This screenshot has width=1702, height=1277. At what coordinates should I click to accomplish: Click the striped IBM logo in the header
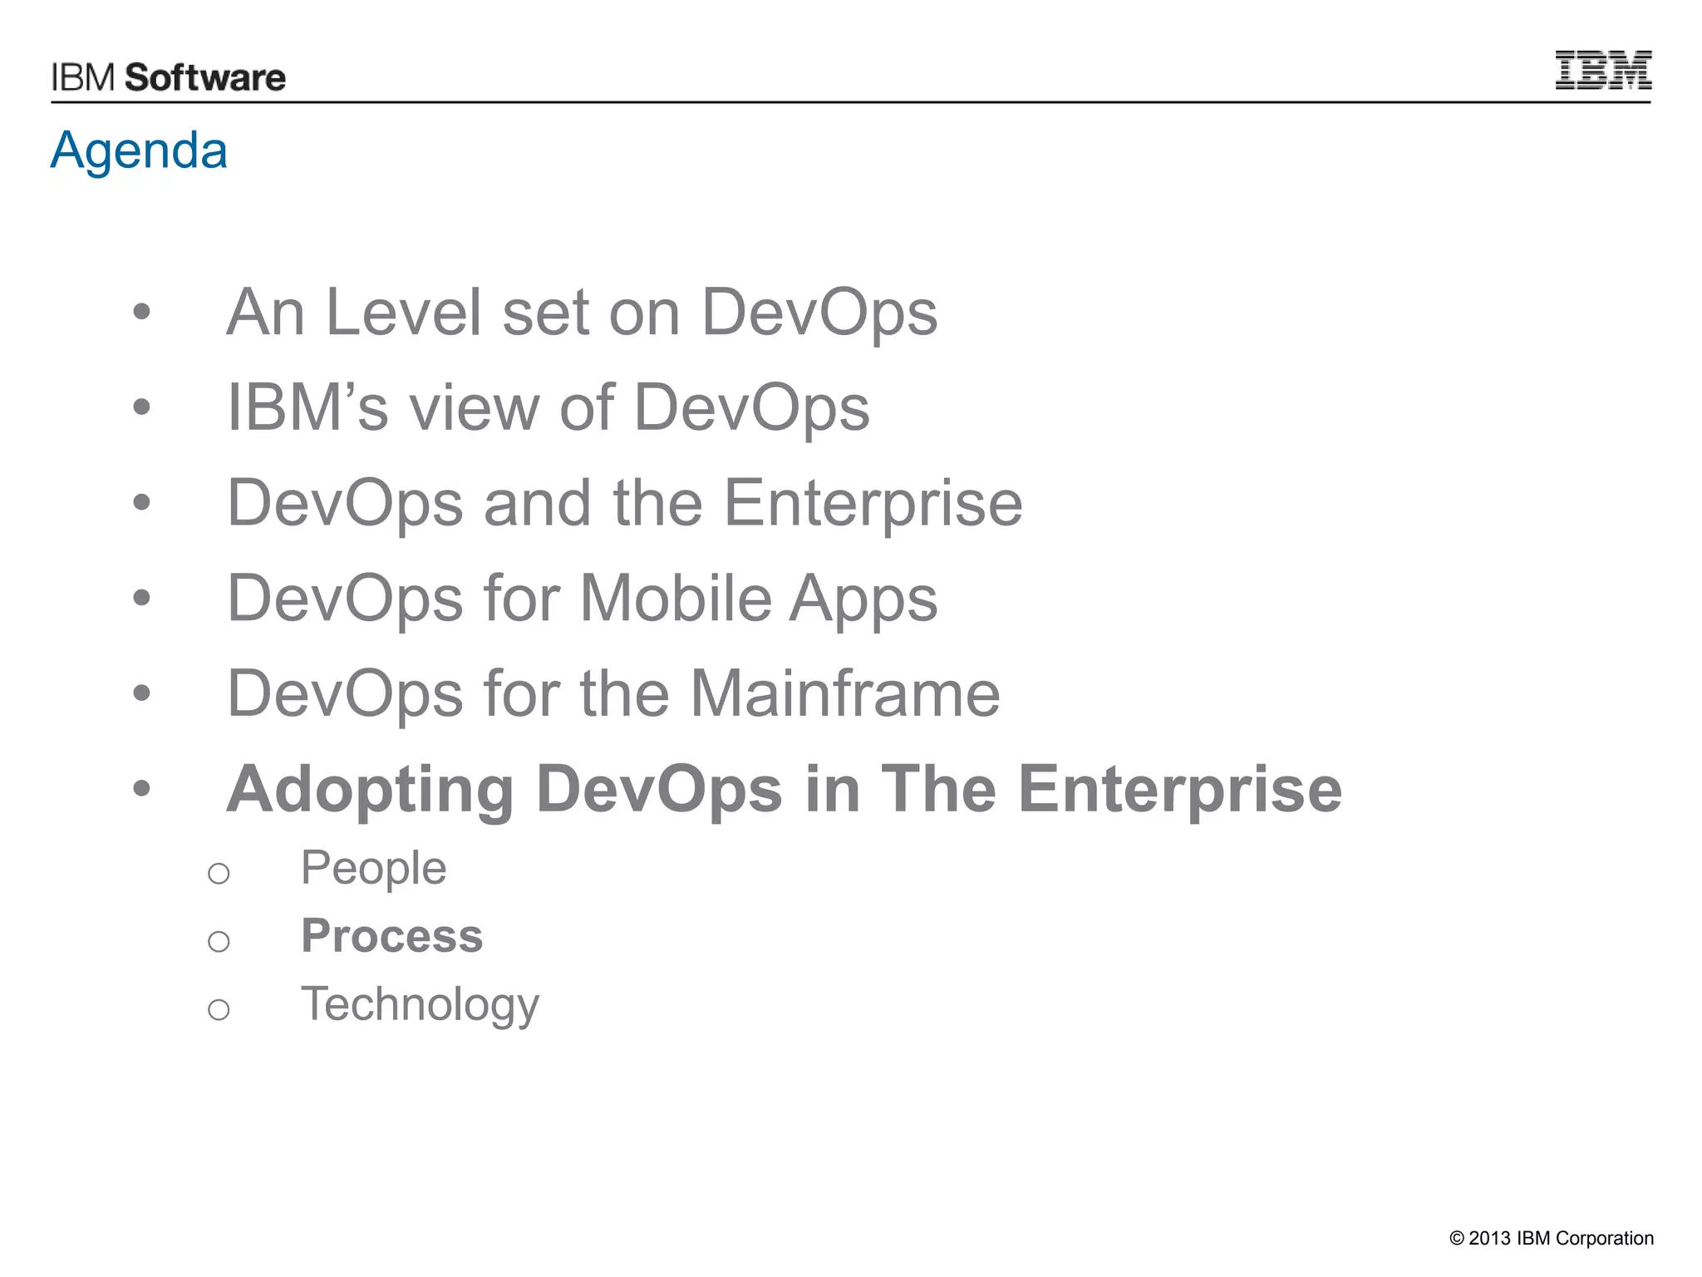click(1602, 70)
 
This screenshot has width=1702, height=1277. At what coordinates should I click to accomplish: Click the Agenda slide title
click(139, 150)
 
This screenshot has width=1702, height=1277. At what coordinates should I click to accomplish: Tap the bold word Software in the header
click(205, 78)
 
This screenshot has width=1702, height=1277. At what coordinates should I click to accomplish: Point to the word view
click(475, 408)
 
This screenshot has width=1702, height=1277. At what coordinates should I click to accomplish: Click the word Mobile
click(676, 599)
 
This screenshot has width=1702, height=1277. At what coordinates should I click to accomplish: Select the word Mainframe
click(845, 693)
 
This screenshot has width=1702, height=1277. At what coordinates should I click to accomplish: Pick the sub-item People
click(373, 869)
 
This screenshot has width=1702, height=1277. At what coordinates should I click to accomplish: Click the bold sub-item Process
click(391, 937)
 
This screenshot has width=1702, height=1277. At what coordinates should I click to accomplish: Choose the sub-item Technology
click(420, 1005)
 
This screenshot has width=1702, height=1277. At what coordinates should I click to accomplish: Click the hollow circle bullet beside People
click(219, 874)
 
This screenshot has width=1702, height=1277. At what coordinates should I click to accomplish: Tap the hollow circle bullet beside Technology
click(219, 1010)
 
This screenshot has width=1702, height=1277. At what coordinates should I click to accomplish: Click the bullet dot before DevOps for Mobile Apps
click(142, 598)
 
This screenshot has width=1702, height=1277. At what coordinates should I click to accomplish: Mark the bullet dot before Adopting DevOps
click(142, 788)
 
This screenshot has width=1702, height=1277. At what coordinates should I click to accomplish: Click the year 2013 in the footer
click(1489, 1239)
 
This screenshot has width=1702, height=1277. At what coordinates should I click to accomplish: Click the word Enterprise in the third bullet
click(873, 504)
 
